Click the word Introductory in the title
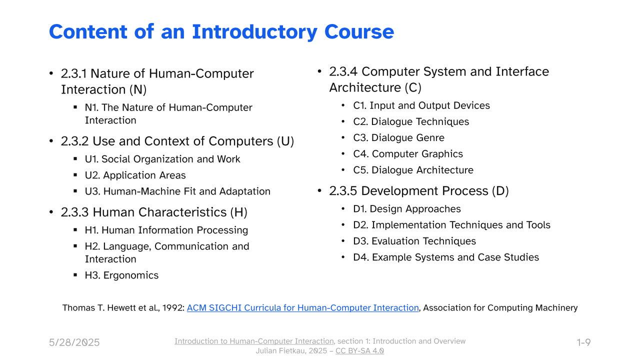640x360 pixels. point(254,32)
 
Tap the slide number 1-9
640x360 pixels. point(583,342)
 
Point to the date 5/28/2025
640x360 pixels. point(74,342)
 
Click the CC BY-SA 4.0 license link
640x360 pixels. point(359,351)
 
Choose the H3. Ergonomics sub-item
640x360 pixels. point(121,275)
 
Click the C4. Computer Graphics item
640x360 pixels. point(408,153)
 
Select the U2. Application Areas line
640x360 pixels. point(135,175)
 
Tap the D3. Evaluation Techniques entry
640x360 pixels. point(414,241)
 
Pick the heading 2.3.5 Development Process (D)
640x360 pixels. point(419,191)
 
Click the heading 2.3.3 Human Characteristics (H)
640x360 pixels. point(154,212)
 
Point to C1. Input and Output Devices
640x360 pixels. point(421,105)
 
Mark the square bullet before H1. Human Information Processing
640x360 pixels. point(75,229)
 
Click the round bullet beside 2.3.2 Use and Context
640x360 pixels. point(51,141)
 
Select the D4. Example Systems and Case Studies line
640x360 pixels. point(446,257)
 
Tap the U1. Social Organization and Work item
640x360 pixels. point(162,159)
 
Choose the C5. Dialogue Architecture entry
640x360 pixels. point(413,170)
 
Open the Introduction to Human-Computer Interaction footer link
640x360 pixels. point(254,341)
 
